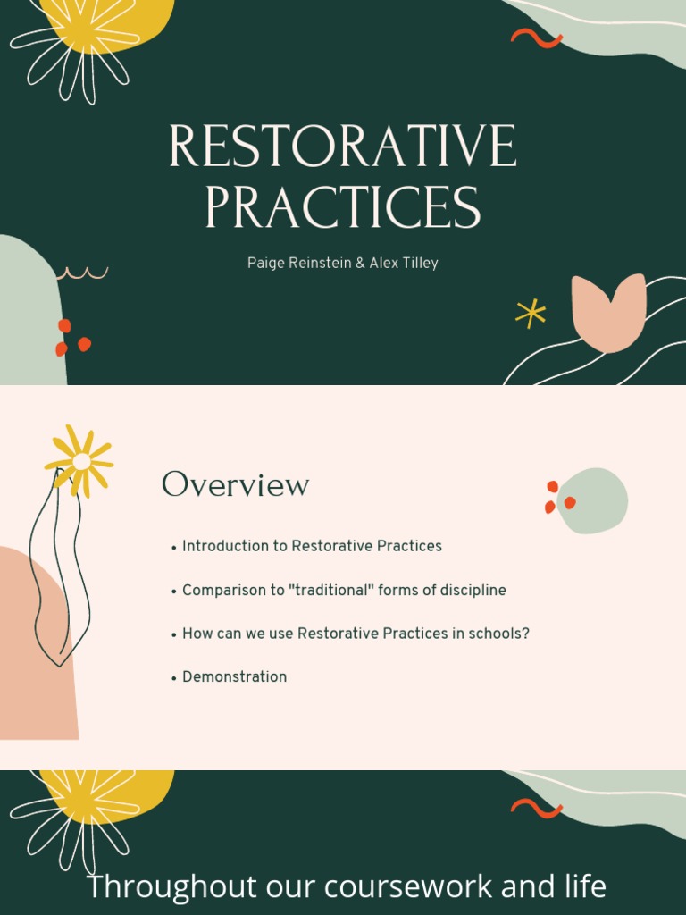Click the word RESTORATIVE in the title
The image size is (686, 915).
(x=342, y=147)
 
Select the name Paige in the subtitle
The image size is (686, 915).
(x=266, y=264)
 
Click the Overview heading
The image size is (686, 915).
(x=235, y=485)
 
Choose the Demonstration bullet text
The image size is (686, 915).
(x=234, y=677)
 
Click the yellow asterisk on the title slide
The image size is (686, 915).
(x=531, y=313)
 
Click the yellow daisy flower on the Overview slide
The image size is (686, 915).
(x=80, y=461)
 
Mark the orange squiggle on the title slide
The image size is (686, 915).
(x=536, y=38)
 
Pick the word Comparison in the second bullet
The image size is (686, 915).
(x=222, y=591)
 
